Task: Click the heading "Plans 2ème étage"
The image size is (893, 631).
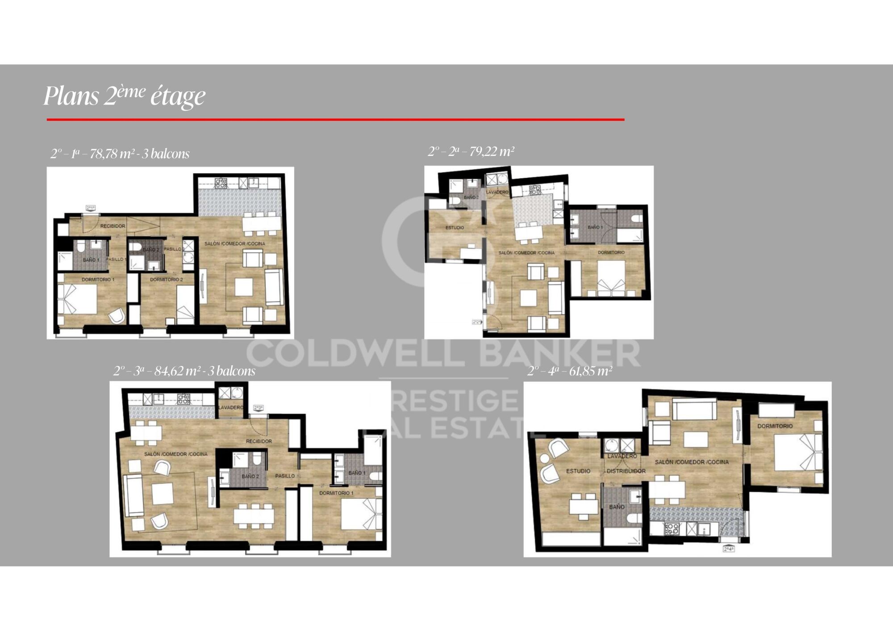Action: (x=124, y=96)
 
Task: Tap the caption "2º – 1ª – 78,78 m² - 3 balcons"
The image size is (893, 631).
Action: (x=120, y=154)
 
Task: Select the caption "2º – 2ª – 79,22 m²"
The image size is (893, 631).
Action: (x=471, y=152)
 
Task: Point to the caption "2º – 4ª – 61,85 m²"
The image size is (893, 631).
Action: (x=570, y=371)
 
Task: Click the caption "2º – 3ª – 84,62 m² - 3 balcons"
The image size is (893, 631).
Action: (x=184, y=371)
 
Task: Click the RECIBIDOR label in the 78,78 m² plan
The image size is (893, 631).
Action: (x=113, y=226)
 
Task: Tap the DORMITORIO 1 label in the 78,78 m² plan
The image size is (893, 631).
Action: (x=98, y=280)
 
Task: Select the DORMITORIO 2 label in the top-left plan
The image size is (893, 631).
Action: (x=166, y=280)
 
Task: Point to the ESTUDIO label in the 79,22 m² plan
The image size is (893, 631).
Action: (x=455, y=228)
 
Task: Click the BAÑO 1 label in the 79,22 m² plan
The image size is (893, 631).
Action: (x=595, y=227)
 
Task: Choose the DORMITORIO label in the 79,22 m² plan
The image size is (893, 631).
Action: (x=611, y=253)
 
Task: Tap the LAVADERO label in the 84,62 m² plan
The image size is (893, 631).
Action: (x=231, y=408)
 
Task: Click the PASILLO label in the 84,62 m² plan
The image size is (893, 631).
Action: (x=285, y=476)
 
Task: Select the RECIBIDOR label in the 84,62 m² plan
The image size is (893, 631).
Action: (x=259, y=441)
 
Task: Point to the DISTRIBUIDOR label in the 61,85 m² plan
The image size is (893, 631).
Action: (x=626, y=471)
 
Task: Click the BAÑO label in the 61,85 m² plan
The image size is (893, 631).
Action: (x=617, y=507)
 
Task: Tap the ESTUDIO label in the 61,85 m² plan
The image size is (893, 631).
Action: (x=578, y=471)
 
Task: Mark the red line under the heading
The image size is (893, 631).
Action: (x=335, y=120)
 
